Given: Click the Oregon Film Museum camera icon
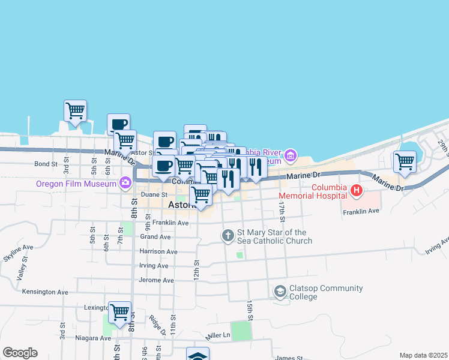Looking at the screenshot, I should [125, 182].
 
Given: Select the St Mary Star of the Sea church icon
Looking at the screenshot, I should [228, 236].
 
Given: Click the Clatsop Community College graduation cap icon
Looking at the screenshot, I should [280, 292].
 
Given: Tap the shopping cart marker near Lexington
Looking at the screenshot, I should [120, 312].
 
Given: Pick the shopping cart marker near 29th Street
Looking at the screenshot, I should [405, 161].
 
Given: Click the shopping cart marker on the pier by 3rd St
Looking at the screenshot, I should [76, 111].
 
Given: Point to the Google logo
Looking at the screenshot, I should [20, 353].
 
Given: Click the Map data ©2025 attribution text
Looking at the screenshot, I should [423, 355].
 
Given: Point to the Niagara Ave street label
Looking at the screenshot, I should [93, 338].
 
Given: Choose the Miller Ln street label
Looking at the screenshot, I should [218, 335].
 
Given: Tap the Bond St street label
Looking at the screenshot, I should [46, 163].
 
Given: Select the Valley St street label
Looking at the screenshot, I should [22, 274].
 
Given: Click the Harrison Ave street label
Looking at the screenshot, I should [158, 251].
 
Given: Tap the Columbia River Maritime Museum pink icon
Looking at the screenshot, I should [291, 157].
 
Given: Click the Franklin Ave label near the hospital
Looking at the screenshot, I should [361, 211].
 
